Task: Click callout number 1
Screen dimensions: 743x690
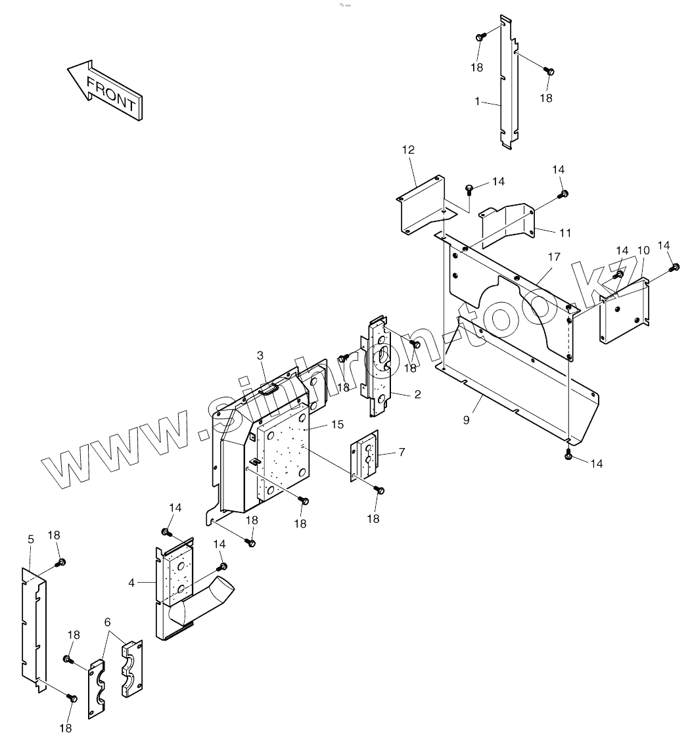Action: click(478, 102)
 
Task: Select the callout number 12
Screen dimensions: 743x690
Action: click(408, 150)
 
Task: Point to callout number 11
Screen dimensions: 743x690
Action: click(565, 233)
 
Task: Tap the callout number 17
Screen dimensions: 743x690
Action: click(554, 257)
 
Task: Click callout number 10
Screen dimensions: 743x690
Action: click(643, 250)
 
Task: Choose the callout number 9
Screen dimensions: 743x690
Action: click(466, 419)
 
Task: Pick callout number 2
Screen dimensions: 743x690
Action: click(417, 394)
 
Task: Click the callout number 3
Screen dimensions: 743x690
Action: click(260, 355)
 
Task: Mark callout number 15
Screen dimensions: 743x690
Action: click(337, 425)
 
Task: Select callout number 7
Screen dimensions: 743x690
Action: click(402, 452)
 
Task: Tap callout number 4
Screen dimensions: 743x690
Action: click(131, 582)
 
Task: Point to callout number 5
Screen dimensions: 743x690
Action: click(30, 539)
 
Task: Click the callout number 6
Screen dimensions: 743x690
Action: click(108, 621)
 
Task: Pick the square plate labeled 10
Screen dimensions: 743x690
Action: click(623, 311)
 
